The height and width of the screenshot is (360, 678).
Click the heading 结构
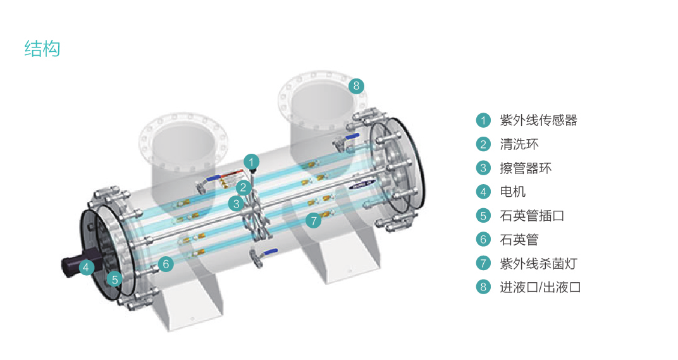[x=42, y=49]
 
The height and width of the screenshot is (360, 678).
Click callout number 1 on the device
[x=252, y=162]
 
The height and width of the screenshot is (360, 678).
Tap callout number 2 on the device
[x=243, y=187]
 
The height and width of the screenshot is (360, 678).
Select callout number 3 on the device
[x=236, y=203]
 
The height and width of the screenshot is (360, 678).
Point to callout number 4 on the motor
[x=87, y=267]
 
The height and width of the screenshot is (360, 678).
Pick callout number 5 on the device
[x=114, y=278]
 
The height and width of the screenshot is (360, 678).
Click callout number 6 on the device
[x=165, y=264]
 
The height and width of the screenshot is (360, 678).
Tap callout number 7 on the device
[x=314, y=220]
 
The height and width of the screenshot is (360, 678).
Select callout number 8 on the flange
[x=357, y=85]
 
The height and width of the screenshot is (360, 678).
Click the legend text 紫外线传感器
[x=538, y=120]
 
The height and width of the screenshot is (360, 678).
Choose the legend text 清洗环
[x=519, y=144]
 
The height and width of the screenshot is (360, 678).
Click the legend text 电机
[x=513, y=192]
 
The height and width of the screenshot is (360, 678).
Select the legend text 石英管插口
[x=532, y=216]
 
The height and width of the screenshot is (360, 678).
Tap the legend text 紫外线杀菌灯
[x=538, y=263]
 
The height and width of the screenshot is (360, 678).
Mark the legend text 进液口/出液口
[x=540, y=287]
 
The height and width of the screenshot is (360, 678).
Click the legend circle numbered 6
[x=484, y=239]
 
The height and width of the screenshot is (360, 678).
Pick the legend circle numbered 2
[x=484, y=144]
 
